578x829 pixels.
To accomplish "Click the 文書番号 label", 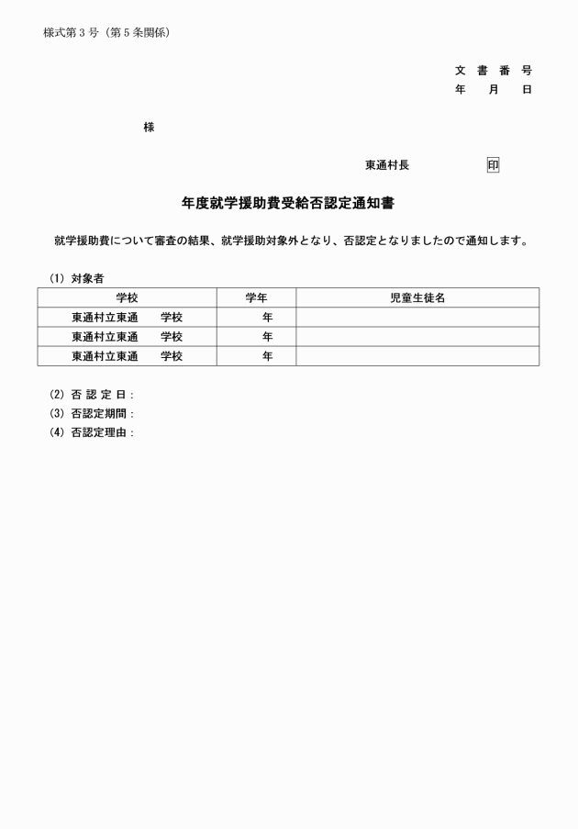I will tap(493, 71).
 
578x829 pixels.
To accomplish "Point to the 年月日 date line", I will tap(493, 89).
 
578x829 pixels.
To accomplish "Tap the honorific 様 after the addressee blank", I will tap(149, 128).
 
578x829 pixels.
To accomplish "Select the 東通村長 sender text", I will tap(387, 165).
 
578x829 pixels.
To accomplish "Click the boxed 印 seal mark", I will tap(493, 165).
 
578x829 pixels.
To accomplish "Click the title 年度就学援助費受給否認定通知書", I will tap(288, 203).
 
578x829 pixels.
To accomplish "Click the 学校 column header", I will tap(127, 297).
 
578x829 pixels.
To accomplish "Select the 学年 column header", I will tap(256, 297).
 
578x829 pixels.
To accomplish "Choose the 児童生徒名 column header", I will tap(417, 297).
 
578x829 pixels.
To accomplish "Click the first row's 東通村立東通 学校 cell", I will tap(127, 318).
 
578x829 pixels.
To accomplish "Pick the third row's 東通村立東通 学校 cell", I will tap(127, 356).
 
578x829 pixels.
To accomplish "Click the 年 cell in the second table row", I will tap(267, 337).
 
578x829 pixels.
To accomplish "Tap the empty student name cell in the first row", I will tap(417, 318).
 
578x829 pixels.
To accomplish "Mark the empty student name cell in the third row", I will tap(417, 356).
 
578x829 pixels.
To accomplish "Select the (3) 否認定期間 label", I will tap(92, 414).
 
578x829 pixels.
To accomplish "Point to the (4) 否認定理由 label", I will tap(92, 433).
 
